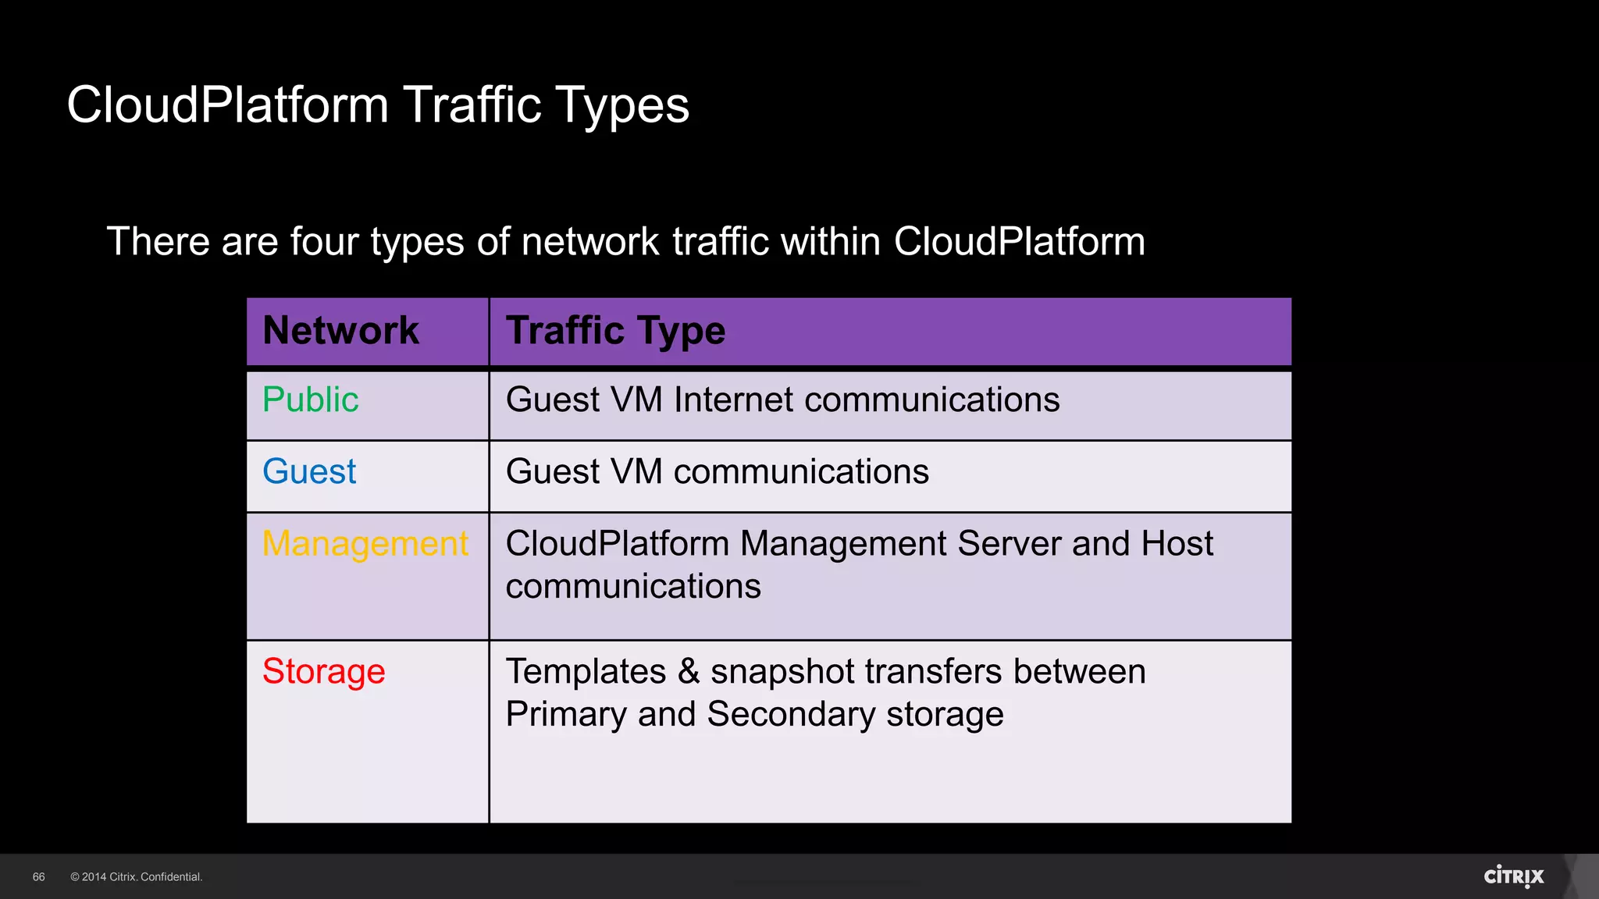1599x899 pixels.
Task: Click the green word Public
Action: coord(310,400)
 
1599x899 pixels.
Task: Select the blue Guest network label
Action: coord(309,471)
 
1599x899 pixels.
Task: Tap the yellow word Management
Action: coord(365,543)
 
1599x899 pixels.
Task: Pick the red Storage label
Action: coord(323,671)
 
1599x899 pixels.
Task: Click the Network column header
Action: coord(340,330)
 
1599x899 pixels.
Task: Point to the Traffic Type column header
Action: coord(615,330)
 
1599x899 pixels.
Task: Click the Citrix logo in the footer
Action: coord(1513,876)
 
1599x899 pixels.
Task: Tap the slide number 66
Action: coord(39,877)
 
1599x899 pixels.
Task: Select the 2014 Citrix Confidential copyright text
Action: coord(137,877)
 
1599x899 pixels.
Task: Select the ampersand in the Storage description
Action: coord(688,671)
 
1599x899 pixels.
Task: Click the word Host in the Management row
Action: coord(1177,543)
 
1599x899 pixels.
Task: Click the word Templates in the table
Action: coord(586,671)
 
